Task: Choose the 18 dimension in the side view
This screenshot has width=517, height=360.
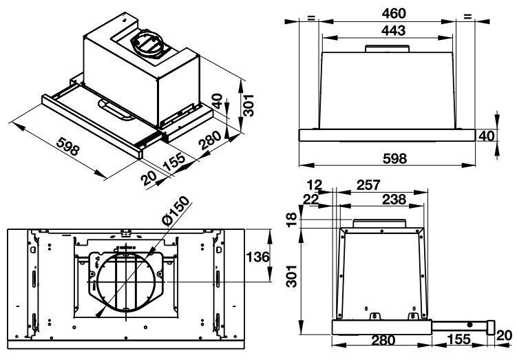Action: point(292,219)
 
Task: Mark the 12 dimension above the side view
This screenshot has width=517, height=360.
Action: point(316,184)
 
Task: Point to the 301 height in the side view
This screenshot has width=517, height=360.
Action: point(292,279)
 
